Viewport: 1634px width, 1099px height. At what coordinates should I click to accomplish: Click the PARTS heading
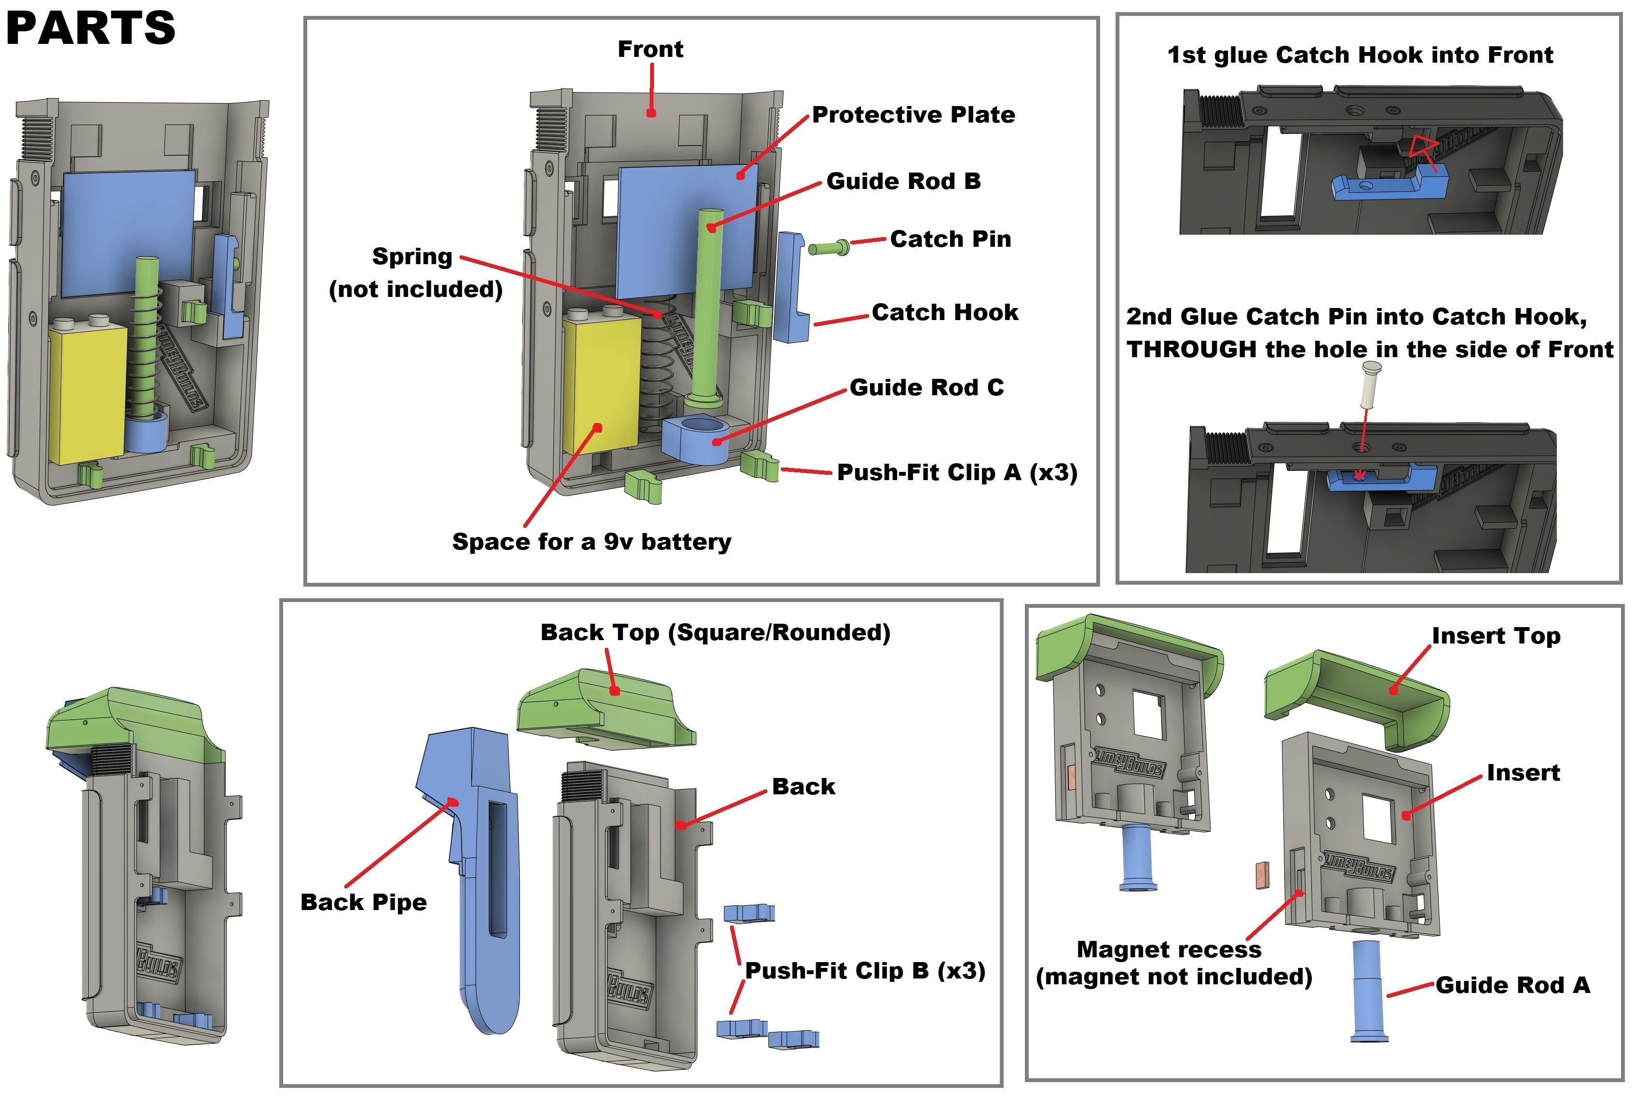pos(91,28)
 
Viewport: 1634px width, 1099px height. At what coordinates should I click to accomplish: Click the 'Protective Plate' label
pos(913,115)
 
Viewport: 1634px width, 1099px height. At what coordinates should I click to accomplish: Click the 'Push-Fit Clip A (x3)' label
pos(956,472)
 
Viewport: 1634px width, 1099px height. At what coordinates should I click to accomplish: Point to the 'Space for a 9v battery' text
pos(591,542)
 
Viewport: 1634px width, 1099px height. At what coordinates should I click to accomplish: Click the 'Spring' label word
pos(412,256)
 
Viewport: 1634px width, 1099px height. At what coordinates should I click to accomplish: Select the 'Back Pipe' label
pos(363,902)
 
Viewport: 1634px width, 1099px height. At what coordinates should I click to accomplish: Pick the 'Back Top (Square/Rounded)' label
pos(715,632)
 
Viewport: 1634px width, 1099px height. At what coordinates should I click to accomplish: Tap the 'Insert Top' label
pos(1495,636)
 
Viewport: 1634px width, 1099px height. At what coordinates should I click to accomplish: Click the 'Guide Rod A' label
pos(1512,985)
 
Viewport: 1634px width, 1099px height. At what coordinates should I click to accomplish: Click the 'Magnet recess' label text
pos(1168,950)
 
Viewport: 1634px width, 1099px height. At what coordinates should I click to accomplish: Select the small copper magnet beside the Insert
pos(1262,875)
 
